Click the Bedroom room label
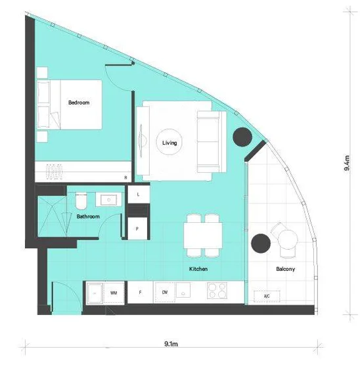[x=79, y=103]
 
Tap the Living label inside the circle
[x=169, y=142]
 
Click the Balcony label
[x=284, y=269]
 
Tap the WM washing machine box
[x=114, y=292]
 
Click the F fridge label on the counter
[x=139, y=292]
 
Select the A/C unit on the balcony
[x=267, y=296]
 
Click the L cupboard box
[x=138, y=195]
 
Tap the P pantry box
[x=137, y=229]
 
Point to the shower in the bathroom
[x=51, y=215]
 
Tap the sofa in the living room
[x=210, y=141]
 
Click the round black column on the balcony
[x=261, y=244]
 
